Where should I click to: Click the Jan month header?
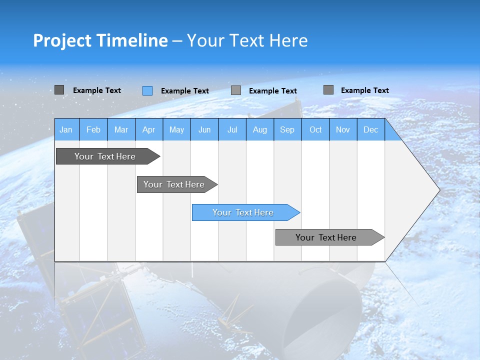click(66, 129)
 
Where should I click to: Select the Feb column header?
click(93, 129)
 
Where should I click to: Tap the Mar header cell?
click(121, 129)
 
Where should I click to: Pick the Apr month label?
click(149, 129)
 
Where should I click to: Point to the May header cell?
click(176, 129)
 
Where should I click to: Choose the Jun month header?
click(204, 129)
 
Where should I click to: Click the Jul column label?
click(232, 129)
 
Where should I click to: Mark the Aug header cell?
click(260, 129)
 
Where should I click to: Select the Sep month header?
click(287, 129)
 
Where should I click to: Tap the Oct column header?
click(315, 129)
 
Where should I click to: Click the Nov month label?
click(343, 129)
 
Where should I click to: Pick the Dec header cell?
click(371, 129)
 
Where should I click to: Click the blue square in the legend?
click(147, 90)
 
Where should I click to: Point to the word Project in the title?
click(62, 40)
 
